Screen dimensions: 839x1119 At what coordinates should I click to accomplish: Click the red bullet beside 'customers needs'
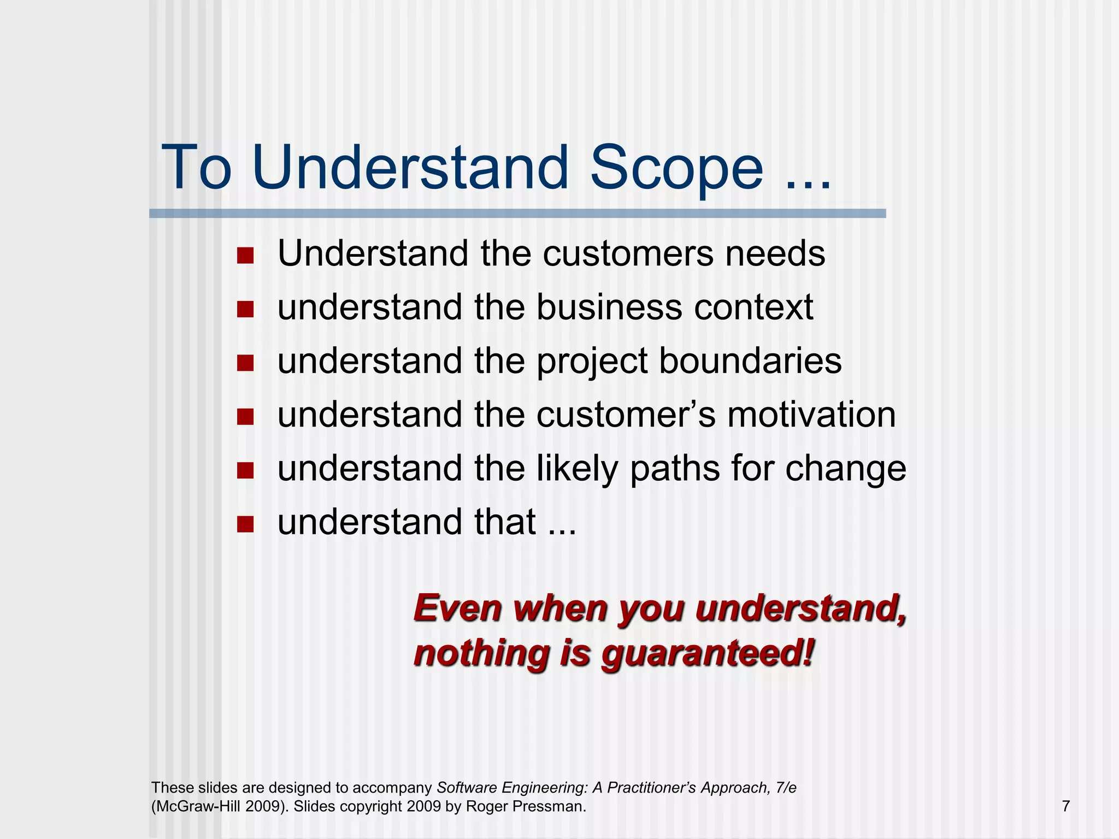(245, 255)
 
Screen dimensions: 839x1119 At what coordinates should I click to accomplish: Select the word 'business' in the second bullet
(609, 307)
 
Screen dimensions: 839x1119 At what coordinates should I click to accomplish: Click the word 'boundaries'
(750, 361)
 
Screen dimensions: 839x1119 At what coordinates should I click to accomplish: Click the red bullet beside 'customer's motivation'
(245, 417)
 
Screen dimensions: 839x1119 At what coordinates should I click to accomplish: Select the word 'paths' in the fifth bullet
(674, 469)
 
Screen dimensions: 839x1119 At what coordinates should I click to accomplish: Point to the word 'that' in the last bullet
(505, 522)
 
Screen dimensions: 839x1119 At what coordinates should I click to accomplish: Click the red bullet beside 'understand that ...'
(245, 524)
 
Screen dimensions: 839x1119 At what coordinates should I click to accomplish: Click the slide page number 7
(1065, 806)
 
